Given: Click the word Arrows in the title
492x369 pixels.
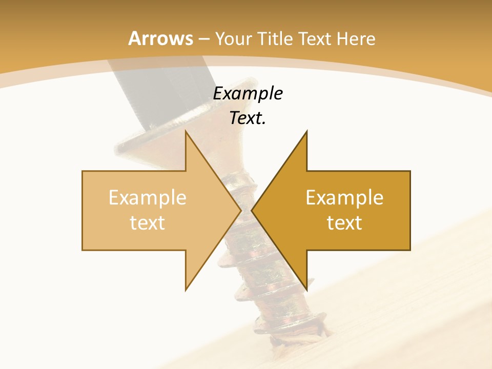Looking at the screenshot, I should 161,38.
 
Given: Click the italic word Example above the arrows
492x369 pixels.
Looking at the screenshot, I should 248,94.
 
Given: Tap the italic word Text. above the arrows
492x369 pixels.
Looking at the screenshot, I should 248,118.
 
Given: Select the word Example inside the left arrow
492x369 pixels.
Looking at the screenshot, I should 148,197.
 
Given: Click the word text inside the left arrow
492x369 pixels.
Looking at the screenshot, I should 148,223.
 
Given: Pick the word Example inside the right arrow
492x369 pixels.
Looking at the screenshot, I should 344,197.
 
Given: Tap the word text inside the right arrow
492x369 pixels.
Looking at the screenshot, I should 344,223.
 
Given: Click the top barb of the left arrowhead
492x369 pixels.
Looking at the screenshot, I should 187,134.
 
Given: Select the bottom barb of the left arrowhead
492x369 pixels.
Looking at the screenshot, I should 187,287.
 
